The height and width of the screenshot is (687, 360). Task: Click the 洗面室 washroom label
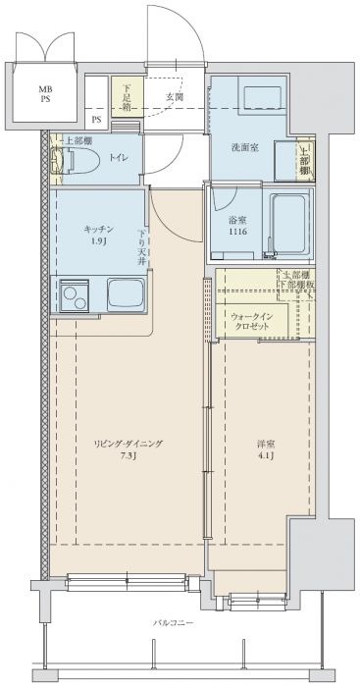point(245,147)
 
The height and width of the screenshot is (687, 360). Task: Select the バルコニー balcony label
point(173,622)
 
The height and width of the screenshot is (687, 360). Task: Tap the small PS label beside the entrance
point(96,121)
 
